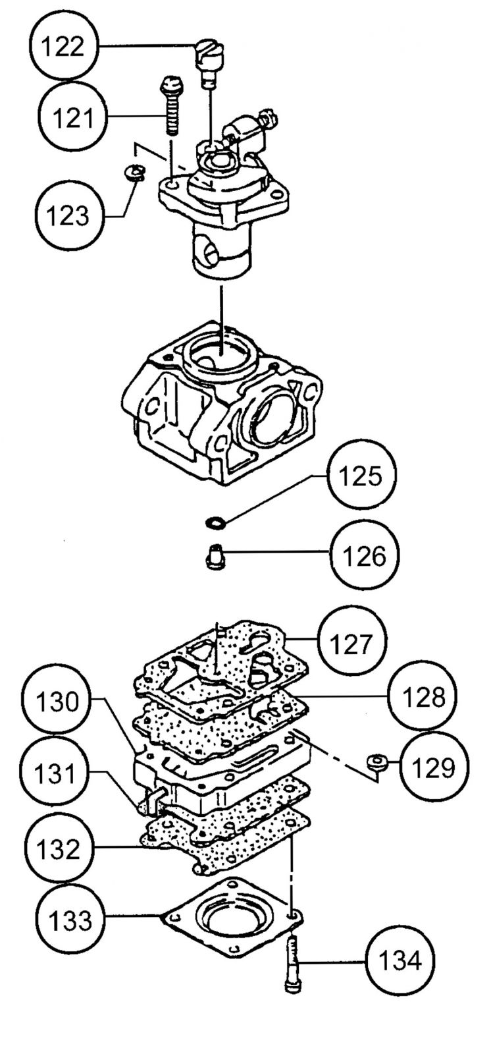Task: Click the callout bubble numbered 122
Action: tap(64, 47)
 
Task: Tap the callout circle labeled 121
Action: tap(73, 117)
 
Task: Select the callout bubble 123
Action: tap(68, 216)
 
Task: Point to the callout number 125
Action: tap(361, 476)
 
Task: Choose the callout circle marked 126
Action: tap(365, 556)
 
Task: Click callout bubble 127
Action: tap(351, 643)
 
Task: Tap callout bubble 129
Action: tap(434, 767)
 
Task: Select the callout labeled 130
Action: tap(57, 702)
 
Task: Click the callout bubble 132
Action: tap(57, 848)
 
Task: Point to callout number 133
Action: tap(70, 918)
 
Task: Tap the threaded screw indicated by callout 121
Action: tap(170, 106)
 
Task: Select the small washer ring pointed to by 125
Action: tap(215, 522)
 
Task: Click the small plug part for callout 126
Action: tap(215, 557)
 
